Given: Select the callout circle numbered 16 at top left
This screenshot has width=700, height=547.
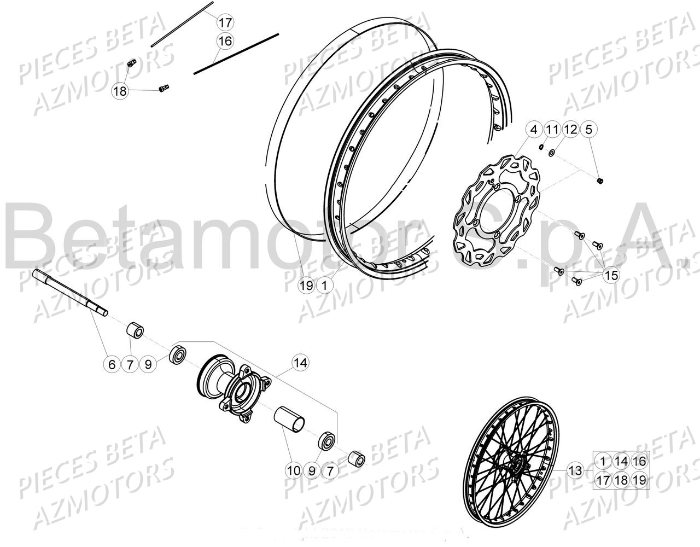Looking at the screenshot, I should [x=225, y=40].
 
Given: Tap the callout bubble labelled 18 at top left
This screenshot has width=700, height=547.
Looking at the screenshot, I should [x=120, y=91].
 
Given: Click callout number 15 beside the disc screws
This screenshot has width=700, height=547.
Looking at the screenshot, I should [x=611, y=275].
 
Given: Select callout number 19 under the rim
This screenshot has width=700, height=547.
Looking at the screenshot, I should [x=306, y=285].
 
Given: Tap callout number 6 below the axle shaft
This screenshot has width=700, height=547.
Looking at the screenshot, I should [x=112, y=364].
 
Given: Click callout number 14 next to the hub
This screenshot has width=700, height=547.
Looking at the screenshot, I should [x=300, y=362].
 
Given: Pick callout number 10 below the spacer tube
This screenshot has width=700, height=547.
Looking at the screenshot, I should [x=293, y=469].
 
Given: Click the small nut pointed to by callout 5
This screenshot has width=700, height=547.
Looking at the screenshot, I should [x=600, y=181].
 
